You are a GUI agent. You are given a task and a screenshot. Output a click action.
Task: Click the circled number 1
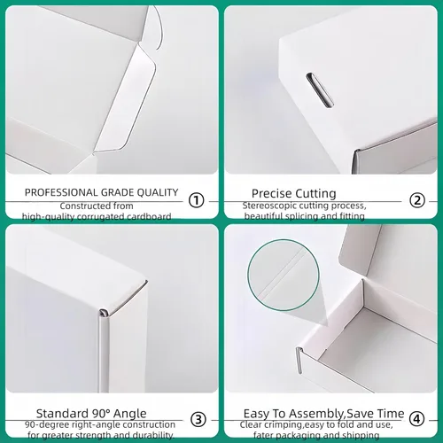[x=197, y=200]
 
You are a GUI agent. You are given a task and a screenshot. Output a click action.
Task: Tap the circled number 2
[x=417, y=200]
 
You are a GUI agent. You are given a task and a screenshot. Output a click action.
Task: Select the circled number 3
[x=198, y=419]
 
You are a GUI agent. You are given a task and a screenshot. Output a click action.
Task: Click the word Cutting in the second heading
[x=316, y=193]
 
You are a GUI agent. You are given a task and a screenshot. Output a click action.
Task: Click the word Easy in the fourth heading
[x=257, y=414]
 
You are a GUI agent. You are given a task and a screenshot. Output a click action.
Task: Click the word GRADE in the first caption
[x=115, y=192]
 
